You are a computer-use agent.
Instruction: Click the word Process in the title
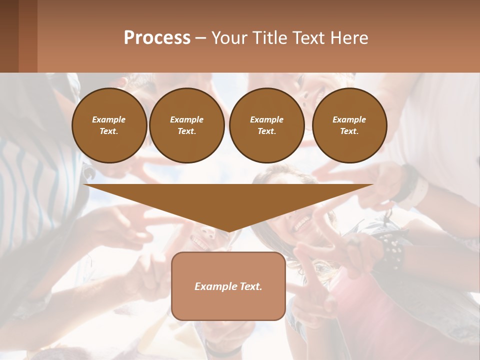[x=157, y=38]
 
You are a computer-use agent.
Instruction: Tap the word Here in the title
[x=348, y=38]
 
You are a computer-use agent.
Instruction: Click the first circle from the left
[x=109, y=125]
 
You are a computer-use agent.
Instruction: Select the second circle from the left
[x=187, y=125]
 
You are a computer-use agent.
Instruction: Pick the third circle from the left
[x=266, y=125]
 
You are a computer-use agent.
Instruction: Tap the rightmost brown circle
[x=349, y=125]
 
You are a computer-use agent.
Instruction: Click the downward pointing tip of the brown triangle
[x=228, y=230]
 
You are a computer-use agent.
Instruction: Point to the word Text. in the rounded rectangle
[x=251, y=286]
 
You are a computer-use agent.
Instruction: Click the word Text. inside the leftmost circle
[x=109, y=131]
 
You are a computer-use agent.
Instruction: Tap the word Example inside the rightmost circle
[x=349, y=119]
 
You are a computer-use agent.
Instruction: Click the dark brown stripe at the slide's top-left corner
[x=9, y=36]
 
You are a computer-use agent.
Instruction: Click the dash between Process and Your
[x=200, y=38]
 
